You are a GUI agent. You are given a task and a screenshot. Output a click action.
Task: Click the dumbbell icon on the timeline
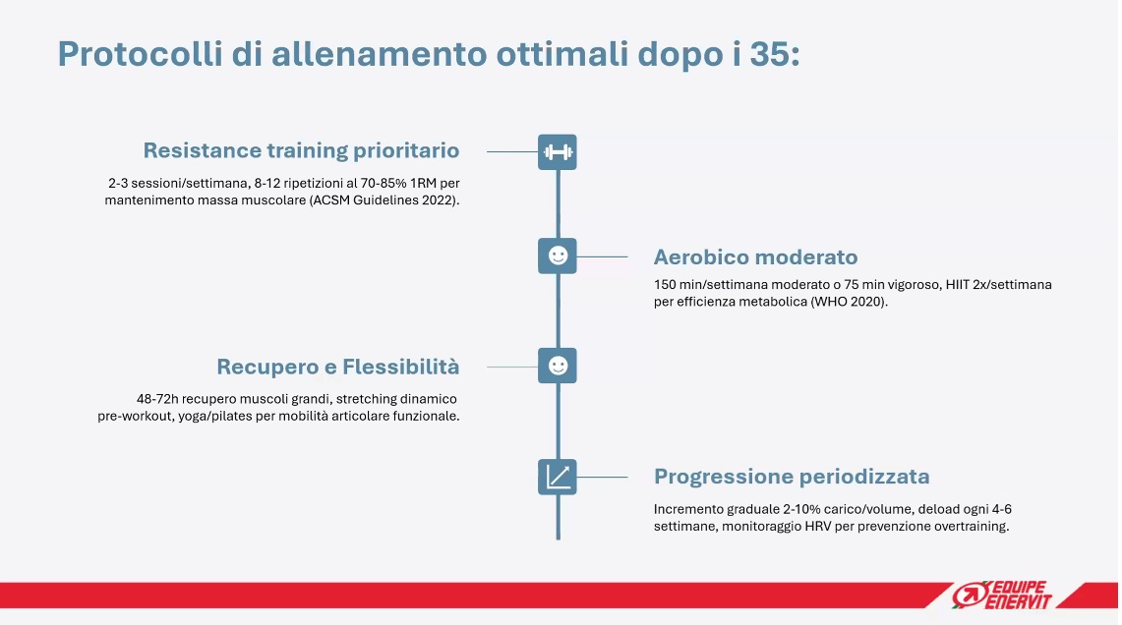(x=558, y=151)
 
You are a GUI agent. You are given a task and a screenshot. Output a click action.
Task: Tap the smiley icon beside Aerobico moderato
(x=558, y=256)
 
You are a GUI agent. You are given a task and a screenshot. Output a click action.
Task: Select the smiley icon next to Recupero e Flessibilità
(x=558, y=366)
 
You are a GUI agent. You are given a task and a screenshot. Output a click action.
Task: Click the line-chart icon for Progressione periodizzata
(x=558, y=477)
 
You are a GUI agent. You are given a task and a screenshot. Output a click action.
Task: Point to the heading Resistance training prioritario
(x=301, y=150)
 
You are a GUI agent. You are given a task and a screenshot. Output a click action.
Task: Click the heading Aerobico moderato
(x=755, y=256)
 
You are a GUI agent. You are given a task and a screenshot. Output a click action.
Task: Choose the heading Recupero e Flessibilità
(x=337, y=367)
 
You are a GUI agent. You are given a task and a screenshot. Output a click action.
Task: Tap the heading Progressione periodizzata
(x=792, y=477)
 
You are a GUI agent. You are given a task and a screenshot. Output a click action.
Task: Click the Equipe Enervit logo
(x=1002, y=595)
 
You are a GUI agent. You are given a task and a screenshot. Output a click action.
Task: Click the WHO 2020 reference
(x=848, y=302)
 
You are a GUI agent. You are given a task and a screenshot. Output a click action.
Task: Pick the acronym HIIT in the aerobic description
(x=958, y=285)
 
